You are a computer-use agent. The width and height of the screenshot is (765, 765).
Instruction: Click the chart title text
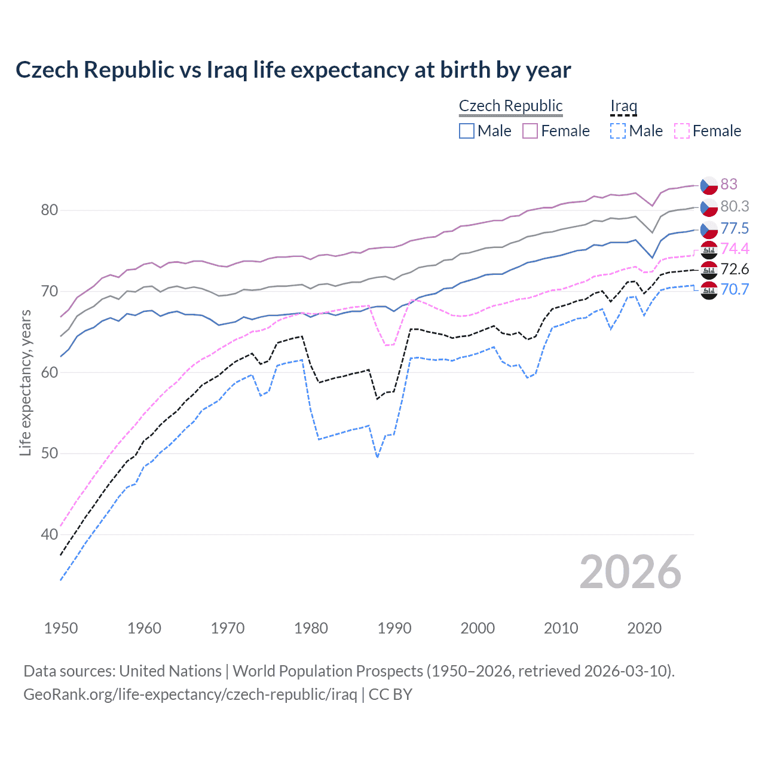tap(293, 69)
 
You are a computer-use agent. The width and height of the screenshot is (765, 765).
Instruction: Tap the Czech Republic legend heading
tap(510, 106)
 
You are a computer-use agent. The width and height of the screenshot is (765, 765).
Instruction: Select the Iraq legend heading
tap(623, 106)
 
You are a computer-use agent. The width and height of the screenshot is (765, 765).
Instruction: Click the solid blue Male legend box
tap(467, 131)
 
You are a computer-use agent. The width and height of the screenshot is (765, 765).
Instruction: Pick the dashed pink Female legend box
tap(682, 131)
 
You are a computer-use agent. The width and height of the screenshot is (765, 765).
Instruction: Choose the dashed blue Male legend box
tap(618, 131)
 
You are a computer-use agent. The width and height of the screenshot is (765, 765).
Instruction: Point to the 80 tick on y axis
tap(49, 210)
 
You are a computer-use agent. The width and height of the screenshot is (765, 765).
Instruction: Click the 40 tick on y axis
tap(49, 534)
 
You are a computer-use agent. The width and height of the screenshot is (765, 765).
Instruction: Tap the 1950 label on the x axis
tap(61, 628)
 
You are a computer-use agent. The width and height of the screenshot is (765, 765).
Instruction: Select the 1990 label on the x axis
tap(394, 628)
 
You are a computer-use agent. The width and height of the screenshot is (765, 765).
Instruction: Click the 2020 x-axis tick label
tap(644, 628)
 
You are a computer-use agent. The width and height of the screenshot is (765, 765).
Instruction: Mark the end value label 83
tap(729, 184)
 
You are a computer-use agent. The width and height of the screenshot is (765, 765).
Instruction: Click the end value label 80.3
tap(735, 206)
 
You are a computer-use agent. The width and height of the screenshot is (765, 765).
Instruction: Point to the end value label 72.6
tap(735, 269)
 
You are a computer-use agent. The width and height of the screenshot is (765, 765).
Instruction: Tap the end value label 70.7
tap(735, 289)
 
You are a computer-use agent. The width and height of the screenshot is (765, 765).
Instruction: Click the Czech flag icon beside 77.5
tap(709, 228)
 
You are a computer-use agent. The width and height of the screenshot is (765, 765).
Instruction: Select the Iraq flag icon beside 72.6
tap(709, 270)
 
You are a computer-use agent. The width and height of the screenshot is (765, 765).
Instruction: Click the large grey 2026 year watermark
tap(630, 572)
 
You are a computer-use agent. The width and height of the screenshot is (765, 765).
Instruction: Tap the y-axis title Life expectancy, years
tap(25, 382)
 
